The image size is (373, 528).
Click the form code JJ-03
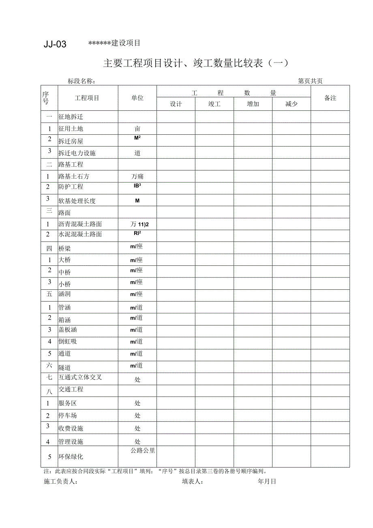coord(55,45)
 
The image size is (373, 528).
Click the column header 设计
coord(176,104)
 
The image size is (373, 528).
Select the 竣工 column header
coord(214,104)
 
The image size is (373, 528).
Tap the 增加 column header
coord(253,104)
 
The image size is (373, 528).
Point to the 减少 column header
coord(291,104)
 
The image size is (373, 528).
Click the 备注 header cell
coord(330,98)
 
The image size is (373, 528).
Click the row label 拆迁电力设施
coord(77,153)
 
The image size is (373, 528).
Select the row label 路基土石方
coord(74,177)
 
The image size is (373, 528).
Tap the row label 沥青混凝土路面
coord(80,224)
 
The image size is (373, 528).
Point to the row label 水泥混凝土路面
coord(80,234)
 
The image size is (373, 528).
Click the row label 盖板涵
coord(68,330)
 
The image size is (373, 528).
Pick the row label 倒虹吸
coord(68,341)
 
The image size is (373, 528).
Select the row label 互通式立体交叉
coord(80,377)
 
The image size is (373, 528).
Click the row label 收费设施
coord(71,429)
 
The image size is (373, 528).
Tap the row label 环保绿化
coord(71,457)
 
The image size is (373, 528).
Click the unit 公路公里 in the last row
coord(137,450)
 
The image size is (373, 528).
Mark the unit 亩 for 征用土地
coord(137,129)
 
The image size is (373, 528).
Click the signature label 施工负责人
coord(60,482)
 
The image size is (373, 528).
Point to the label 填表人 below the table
coord(193,482)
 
